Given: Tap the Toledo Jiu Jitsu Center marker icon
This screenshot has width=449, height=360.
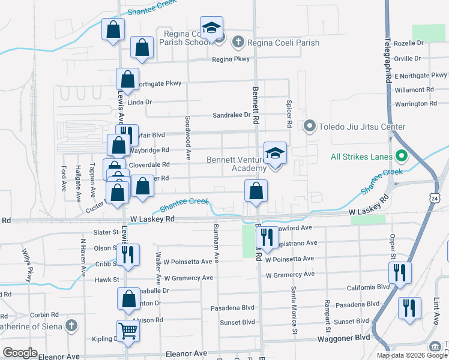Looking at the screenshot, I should click(x=310, y=126).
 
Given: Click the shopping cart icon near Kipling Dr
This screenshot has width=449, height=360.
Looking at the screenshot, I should click(x=128, y=331).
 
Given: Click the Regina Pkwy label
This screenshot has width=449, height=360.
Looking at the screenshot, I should click(x=231, y=59).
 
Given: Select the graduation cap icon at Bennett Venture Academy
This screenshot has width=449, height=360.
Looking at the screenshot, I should click(x=276, y=153).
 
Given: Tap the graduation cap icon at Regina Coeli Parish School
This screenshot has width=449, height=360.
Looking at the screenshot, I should click(x=211, y=28).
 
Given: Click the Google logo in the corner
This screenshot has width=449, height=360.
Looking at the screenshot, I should click(x=20, y=353).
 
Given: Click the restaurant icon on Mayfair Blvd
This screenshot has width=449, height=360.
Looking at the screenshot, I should click(x=127, y=135).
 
